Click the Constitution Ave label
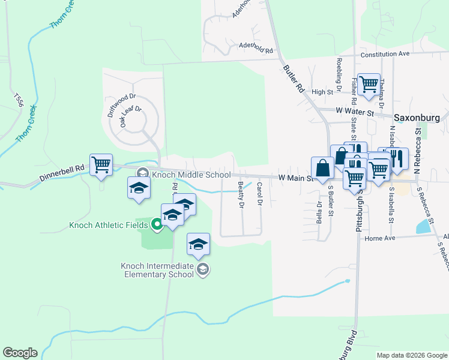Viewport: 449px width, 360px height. coord(384,54)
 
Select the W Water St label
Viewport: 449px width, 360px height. coord(355,112)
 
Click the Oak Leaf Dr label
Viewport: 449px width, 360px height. coord(130,116)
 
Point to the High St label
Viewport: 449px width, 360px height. coord(322,92)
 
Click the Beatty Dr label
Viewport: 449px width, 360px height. coord(241,195)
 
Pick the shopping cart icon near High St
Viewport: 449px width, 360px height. coord(368,84)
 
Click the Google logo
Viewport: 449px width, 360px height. coord(20,353)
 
